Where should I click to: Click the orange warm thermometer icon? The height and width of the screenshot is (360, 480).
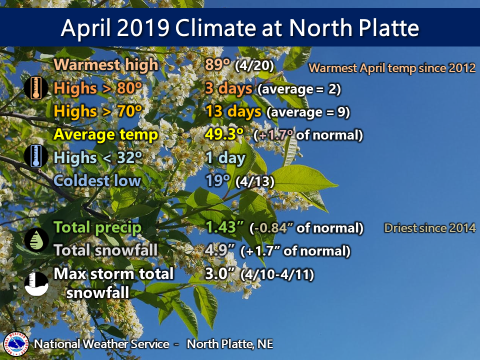click(x=36, y=88)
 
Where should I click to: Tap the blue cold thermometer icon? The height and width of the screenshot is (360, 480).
click(x=36, y=156)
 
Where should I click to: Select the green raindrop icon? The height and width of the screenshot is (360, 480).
click(x=36, y=239)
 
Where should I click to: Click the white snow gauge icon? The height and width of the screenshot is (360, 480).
click(x=36, y=284)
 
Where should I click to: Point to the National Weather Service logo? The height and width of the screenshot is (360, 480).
click(x=16, y=344)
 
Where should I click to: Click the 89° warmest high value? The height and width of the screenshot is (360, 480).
click(x=217, y=64)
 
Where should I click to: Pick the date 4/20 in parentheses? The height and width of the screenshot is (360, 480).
click(x=254, y=66)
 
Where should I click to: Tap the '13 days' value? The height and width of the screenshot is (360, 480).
click(x=233, y=111)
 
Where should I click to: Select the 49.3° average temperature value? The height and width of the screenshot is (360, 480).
click(x=224, y=134)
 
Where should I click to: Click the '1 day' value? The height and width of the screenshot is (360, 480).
click(x=225, y=157)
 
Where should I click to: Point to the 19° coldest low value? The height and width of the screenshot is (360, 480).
click(x=217, y=180)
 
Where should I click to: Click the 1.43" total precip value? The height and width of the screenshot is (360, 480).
click(x=224, y=227)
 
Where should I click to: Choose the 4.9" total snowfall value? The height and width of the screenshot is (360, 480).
click(x=220, y=250)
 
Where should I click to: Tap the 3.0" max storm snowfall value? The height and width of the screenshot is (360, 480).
click(x=220, y=273)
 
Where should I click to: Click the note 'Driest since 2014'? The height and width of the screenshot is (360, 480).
click(x=430, y=228)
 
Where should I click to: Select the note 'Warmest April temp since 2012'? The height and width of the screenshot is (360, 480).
click(x=392, y=68)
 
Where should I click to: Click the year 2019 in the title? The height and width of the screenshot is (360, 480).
click(x=143, y=28)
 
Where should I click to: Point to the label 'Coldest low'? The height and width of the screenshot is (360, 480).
click(x=97, y=180)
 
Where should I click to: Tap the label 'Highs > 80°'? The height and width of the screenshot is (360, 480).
click(x=98, y=88)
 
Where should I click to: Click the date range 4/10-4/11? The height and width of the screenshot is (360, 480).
click(x=277, y=274)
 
